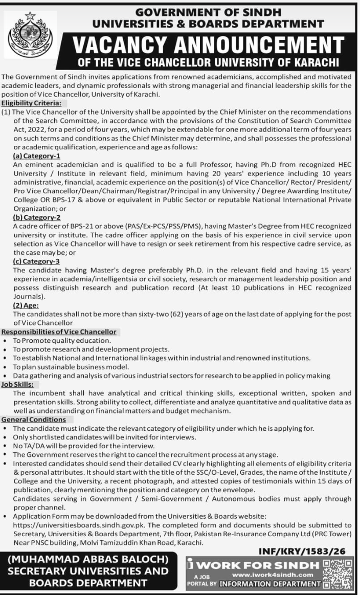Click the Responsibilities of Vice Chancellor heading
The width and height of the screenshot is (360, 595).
[x=59, y=332]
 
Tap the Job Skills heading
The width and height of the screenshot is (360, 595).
[x=17, y=384]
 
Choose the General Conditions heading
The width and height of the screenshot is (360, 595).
[x=34, y=420]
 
